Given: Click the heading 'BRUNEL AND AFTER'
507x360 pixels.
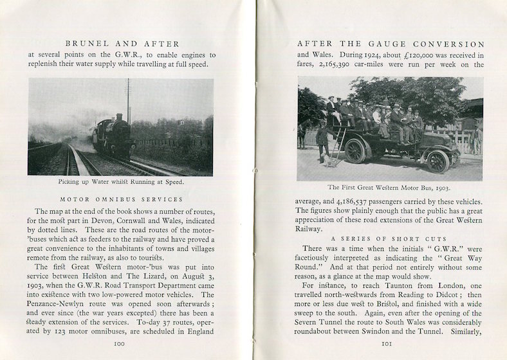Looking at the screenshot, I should click(x=122, y=44).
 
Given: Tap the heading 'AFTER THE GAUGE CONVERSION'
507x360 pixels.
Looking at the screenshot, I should click(x=391, y=44).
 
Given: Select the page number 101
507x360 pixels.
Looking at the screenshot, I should click(x=387, y=343).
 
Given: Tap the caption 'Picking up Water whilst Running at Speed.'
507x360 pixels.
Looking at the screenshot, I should click(x=121, y=182).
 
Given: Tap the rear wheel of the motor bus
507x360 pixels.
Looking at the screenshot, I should click(x=355, y=151).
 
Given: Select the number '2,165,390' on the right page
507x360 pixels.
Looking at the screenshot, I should click(x=348, y=65).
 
